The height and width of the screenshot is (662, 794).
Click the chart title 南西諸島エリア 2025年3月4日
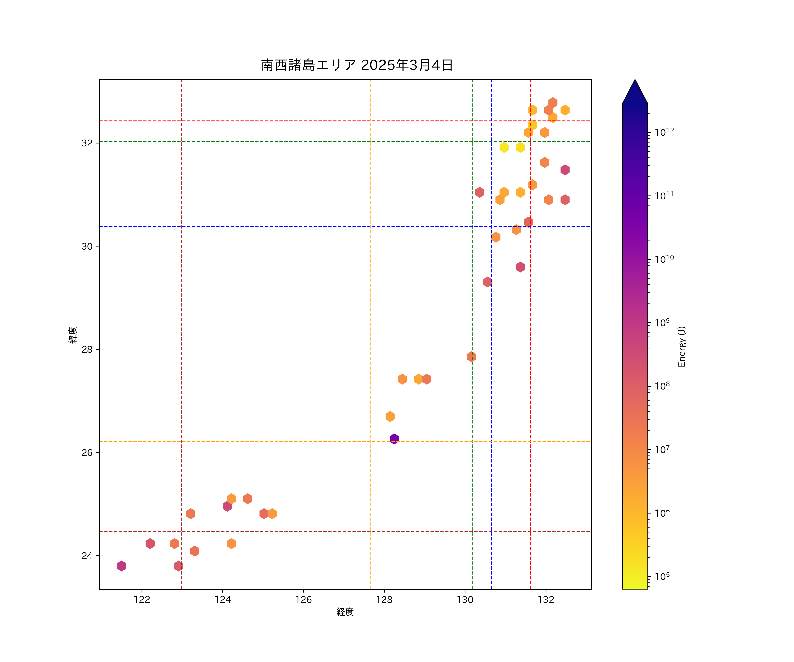click(x=357, y=65)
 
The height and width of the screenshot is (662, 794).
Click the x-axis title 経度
click(x=345, y=612)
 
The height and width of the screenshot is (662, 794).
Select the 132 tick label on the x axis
click(x=546, y=600)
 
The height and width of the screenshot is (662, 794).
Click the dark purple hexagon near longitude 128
click(x=394, y=439)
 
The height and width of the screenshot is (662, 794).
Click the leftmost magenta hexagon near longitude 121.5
click(x=121, y=566)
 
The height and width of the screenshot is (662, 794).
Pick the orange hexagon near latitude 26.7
click(x=390, y=416)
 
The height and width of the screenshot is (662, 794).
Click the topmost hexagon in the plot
click(x=552, y=103)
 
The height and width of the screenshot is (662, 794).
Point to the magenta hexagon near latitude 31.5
click(x=565, y=170)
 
